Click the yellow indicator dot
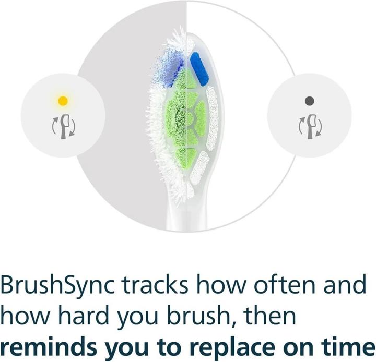(x=63, y=100)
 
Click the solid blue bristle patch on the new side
(x=199, y=68)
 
